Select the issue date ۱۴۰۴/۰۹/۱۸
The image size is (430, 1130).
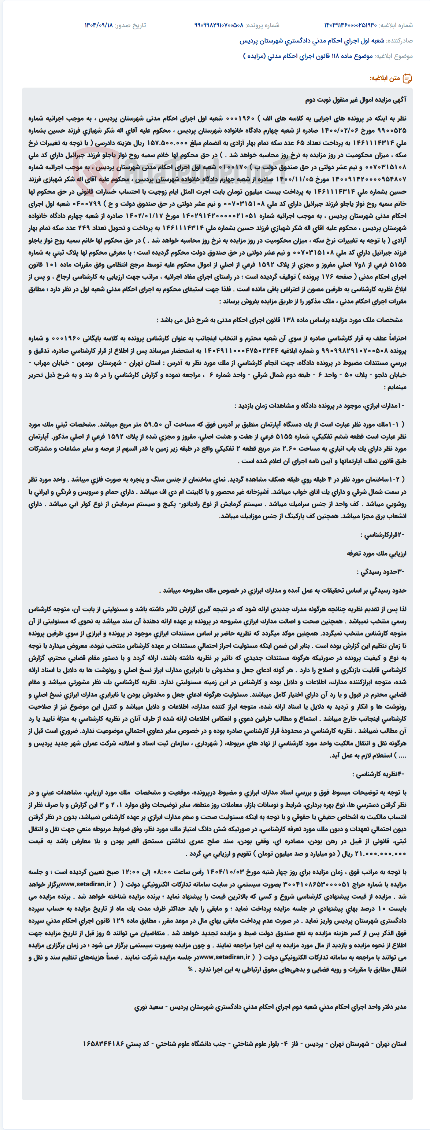(99, 25)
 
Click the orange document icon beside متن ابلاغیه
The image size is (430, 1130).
(407, 78)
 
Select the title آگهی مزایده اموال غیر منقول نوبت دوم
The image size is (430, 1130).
(356, 100)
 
